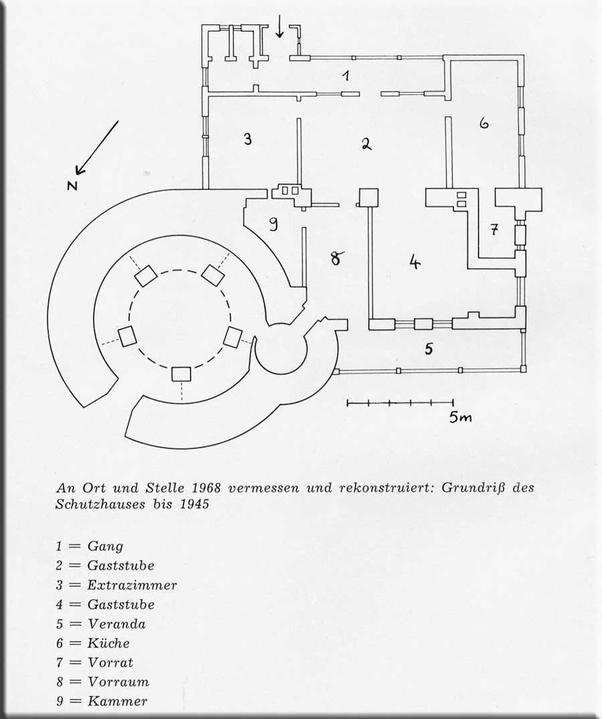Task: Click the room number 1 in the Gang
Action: click(x=346, y=75)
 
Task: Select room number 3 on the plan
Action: click(x=247, y=140)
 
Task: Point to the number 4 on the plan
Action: click(x=415, y=262)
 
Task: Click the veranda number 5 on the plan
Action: click(x=429, y=348)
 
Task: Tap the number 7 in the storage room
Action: click(x=494, y=230)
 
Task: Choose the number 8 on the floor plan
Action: click(x=336, y=258)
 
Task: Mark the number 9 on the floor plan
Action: click(x=274, y=225)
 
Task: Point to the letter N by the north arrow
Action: click(x=72, y=186)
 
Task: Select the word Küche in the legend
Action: click(x=108, y=643)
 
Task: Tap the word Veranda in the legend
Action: click(x=116, y=624)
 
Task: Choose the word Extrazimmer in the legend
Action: click(x=132, y=585)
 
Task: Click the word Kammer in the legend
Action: click(x=117, y=701)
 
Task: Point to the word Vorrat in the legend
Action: click(x=110, y=662)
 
